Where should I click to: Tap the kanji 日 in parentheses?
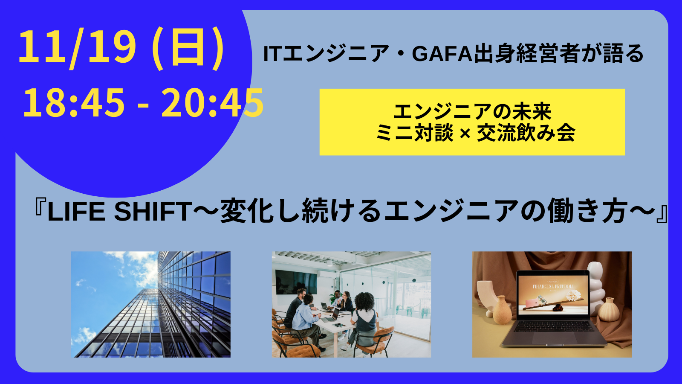coord(188,48)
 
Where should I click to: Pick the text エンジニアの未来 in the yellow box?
coord(472,112)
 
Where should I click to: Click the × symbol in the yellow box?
coord(465,134)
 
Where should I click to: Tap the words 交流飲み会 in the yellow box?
coord(526,133)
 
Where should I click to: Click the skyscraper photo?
coord(151,304)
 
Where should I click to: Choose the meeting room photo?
coord(351,304)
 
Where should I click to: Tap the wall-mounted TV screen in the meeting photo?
coord(296,282)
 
